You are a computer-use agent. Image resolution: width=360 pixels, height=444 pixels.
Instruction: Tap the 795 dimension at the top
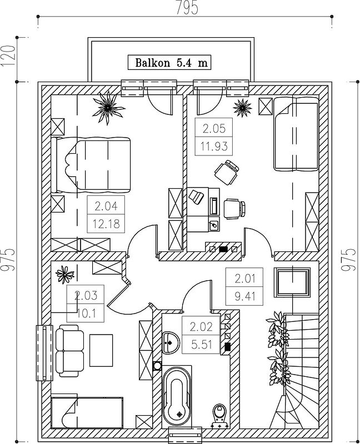[187, 8]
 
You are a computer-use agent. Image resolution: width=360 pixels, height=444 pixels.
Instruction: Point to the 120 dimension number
[8, 56]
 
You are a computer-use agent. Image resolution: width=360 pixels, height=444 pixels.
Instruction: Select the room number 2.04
[106, 206]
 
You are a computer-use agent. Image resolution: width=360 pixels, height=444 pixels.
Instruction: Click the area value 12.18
[106, 224]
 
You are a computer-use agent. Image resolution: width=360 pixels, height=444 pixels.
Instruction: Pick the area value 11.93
[214, 147]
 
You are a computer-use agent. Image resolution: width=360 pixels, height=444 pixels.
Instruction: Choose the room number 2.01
[245, 279]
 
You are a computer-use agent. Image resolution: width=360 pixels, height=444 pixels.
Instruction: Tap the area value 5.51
[202, 345]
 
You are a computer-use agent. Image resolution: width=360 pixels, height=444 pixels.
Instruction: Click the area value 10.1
[86, 313]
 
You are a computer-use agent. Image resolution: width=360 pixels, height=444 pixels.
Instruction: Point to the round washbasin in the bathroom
[171, 342]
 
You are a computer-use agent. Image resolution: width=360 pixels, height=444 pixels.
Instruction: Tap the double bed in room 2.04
[91, 164]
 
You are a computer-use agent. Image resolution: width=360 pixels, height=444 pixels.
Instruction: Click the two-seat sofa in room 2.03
[70, 351]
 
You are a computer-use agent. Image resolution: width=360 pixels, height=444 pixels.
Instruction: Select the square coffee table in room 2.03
[101, 350]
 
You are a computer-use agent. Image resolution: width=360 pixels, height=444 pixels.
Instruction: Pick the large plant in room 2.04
[108, 108]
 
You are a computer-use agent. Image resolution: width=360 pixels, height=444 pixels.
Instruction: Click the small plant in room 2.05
[242, 107]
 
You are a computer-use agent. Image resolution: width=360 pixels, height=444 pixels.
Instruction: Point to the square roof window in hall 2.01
[292, 283]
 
